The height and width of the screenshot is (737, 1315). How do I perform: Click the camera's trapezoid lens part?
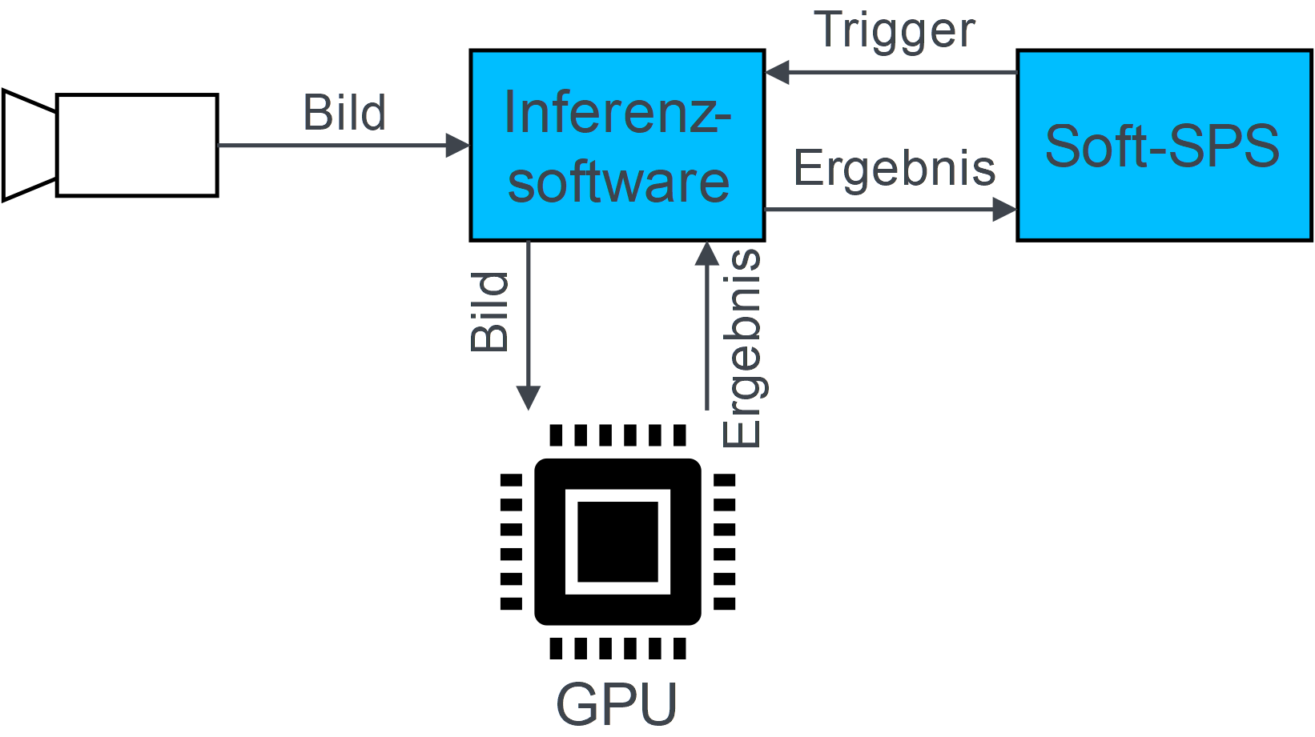(x=30, y=145)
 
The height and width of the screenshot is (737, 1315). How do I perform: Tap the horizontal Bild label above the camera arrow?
(x=344, y=112)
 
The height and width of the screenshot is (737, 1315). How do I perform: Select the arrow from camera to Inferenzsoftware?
(x=336, y=146)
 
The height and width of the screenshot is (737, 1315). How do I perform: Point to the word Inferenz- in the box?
(x=617, y=113)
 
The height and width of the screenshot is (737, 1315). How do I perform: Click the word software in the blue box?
(x=618, y=182)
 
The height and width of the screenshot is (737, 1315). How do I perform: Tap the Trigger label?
(x=895, y=30)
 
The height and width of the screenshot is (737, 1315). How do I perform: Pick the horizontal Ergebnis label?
(x=895, y=168)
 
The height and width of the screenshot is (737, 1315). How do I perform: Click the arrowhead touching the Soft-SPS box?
(x=1004, y=210)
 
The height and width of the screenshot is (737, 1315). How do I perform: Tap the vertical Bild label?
(x=489, y=311)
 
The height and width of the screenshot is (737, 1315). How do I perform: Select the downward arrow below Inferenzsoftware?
(x=529, y=320)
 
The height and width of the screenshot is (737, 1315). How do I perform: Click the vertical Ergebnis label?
(x=742, y=348)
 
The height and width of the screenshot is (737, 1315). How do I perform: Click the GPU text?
(x=617, y=704)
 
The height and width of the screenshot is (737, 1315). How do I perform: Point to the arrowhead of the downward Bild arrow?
(x=529, y=398)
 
